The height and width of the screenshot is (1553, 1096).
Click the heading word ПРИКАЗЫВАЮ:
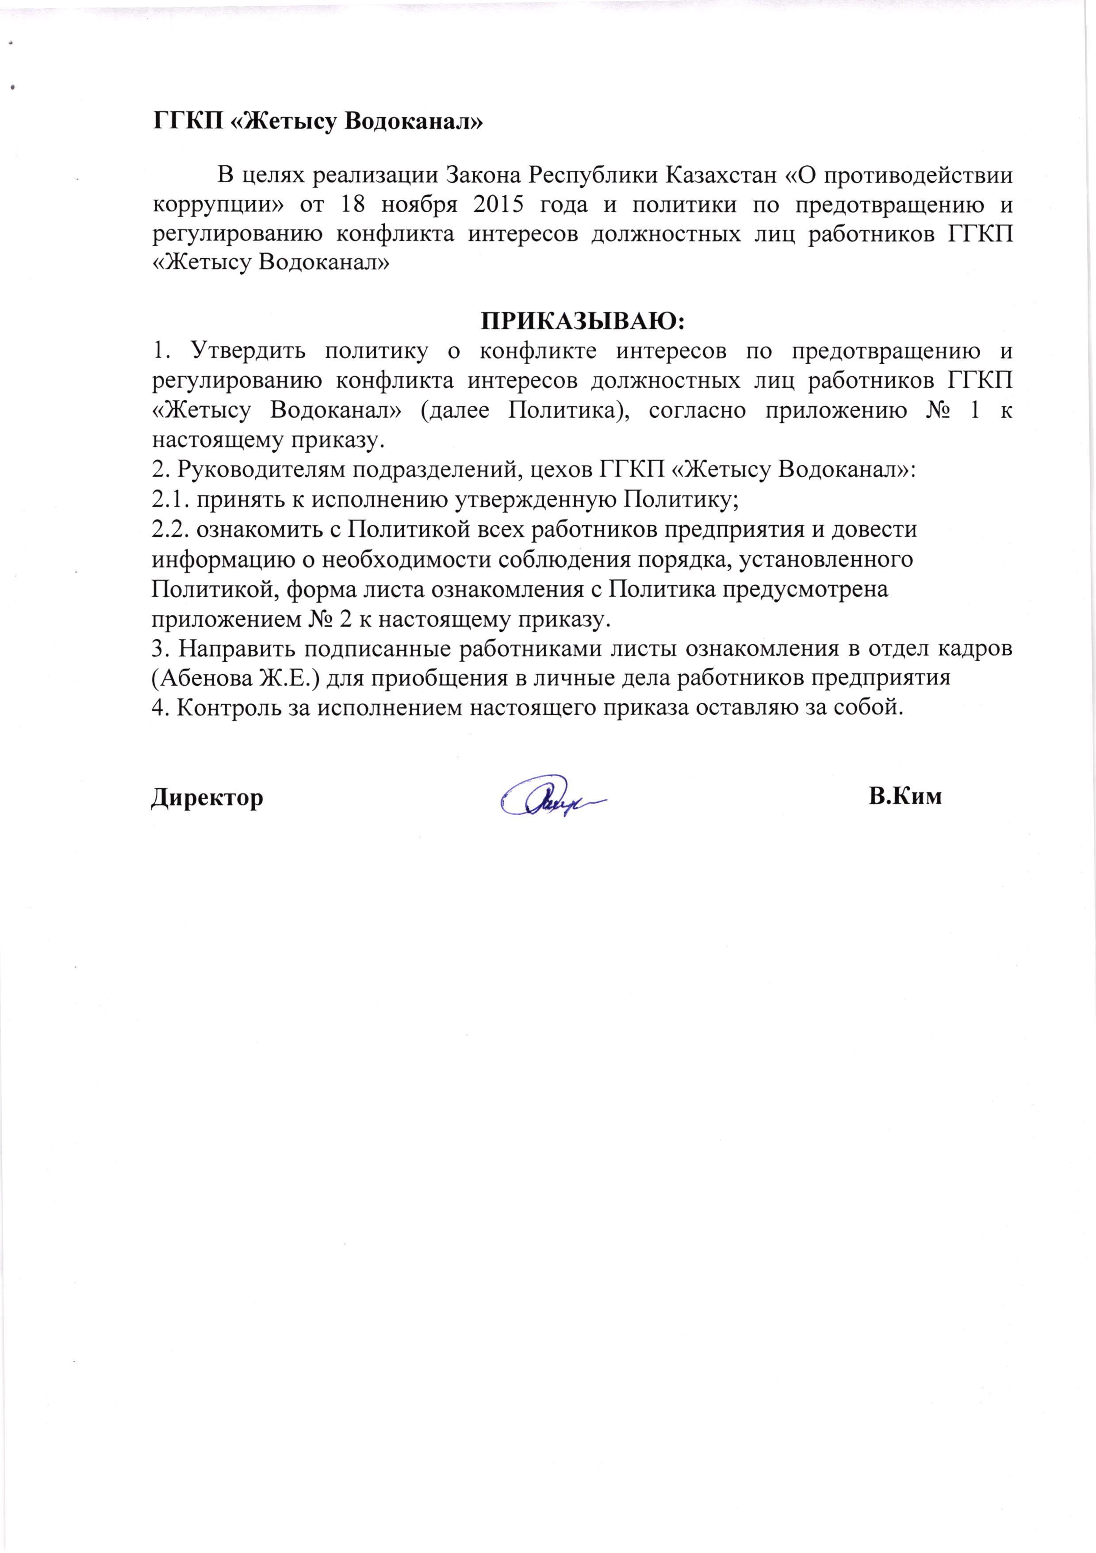pos(582,321)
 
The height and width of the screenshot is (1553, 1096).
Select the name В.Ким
pos(905,796)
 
